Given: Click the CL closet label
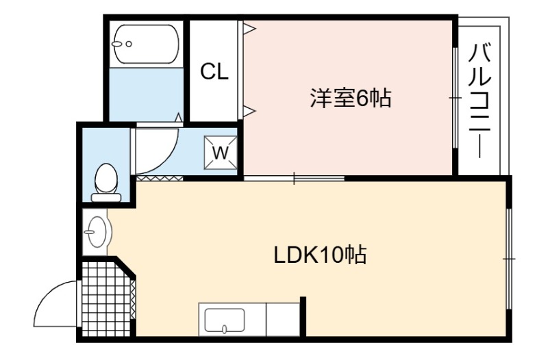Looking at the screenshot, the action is [214, 72].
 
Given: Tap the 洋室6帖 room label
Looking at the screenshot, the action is [351, 98].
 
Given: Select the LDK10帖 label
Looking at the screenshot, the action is [320, 255].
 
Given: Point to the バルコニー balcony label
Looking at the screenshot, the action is [480, 101].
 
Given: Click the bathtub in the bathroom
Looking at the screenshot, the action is [147, 44].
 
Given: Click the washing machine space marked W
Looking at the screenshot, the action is [221, 152].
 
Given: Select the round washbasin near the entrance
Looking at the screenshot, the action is [97, 231].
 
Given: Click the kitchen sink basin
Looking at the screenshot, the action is [225, 320].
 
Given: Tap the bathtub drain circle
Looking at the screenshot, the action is [129, 44].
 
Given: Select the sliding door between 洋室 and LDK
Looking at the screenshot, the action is [294, 178].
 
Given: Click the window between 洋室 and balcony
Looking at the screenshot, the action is [455, 98].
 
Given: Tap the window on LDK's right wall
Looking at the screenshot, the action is [509, 259].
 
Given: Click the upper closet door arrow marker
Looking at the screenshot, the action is [250, 29].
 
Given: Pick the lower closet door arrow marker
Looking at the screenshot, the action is [250, 111].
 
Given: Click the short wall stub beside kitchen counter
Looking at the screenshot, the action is [303, 316].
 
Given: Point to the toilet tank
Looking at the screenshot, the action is [106, 198].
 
